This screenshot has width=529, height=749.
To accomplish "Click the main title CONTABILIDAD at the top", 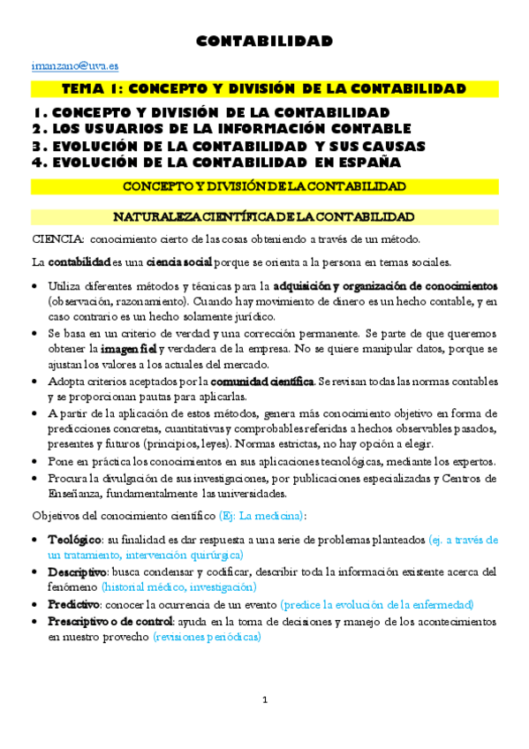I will [264, 42].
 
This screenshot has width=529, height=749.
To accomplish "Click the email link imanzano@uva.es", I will [64, 65].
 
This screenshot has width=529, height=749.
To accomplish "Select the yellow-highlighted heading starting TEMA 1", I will [264, 89].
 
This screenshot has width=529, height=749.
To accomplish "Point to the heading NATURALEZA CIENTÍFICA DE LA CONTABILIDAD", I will [264, 216].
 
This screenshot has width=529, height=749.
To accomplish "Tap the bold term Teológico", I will [74, 539].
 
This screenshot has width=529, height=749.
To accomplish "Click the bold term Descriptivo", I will [77, 572].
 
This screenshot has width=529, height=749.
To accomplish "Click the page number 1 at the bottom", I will [264, 700].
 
